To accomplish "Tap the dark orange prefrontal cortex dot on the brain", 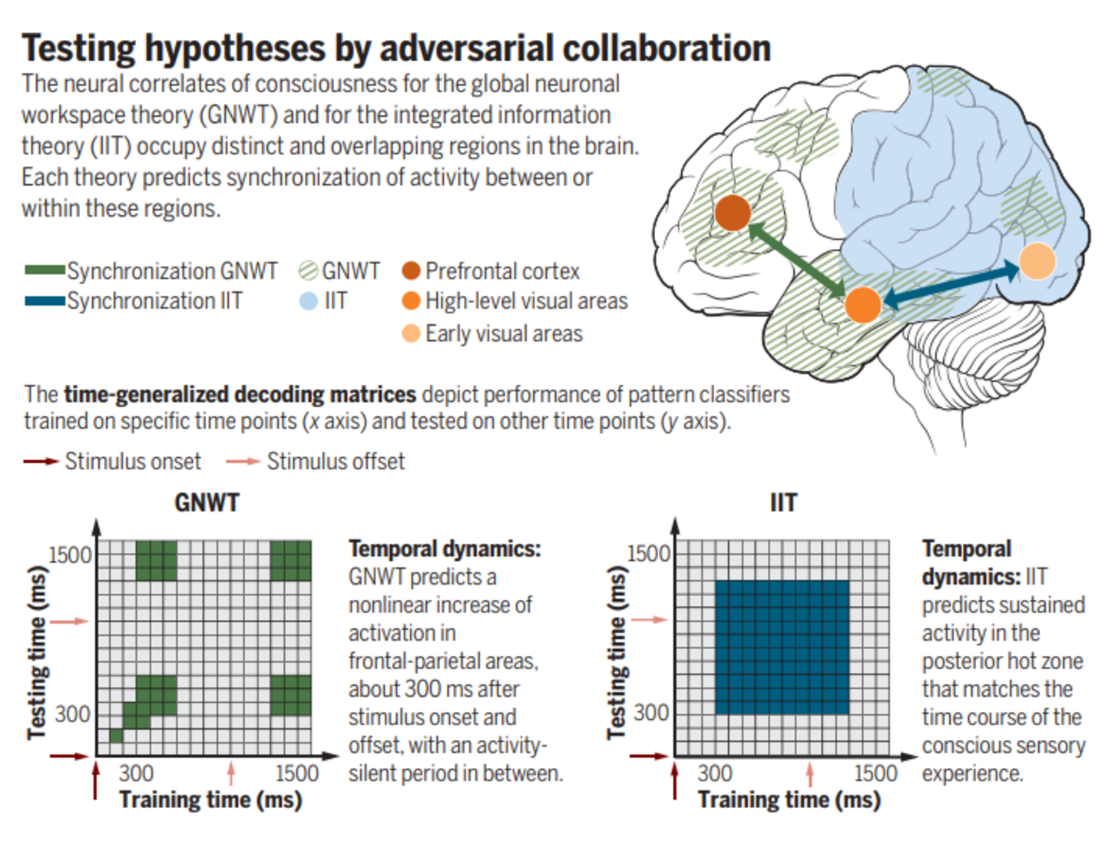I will click(733, 213).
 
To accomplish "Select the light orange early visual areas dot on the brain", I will click(1037, 261).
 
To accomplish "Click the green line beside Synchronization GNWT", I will click(45, 270).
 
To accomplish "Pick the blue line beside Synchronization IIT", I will click(45, 300).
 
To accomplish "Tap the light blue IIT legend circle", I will click(309, 300).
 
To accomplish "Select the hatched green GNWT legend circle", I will click(309, 270).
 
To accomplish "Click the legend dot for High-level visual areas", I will click(411, 300).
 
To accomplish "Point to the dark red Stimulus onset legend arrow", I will click(41, 461).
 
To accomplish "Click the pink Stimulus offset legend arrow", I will click(243, 461).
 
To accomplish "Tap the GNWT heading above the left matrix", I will click(207, 502).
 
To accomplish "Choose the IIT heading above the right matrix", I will click(783, 502).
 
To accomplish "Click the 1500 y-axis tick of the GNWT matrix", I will click(70, 555).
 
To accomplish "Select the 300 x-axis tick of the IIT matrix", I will click(714, 773).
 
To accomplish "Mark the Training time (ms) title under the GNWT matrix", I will click(210, 800).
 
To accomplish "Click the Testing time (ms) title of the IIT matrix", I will click(617, 652).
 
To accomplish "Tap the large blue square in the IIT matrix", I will click(782, 648).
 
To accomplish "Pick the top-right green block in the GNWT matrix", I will click(291, 561).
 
